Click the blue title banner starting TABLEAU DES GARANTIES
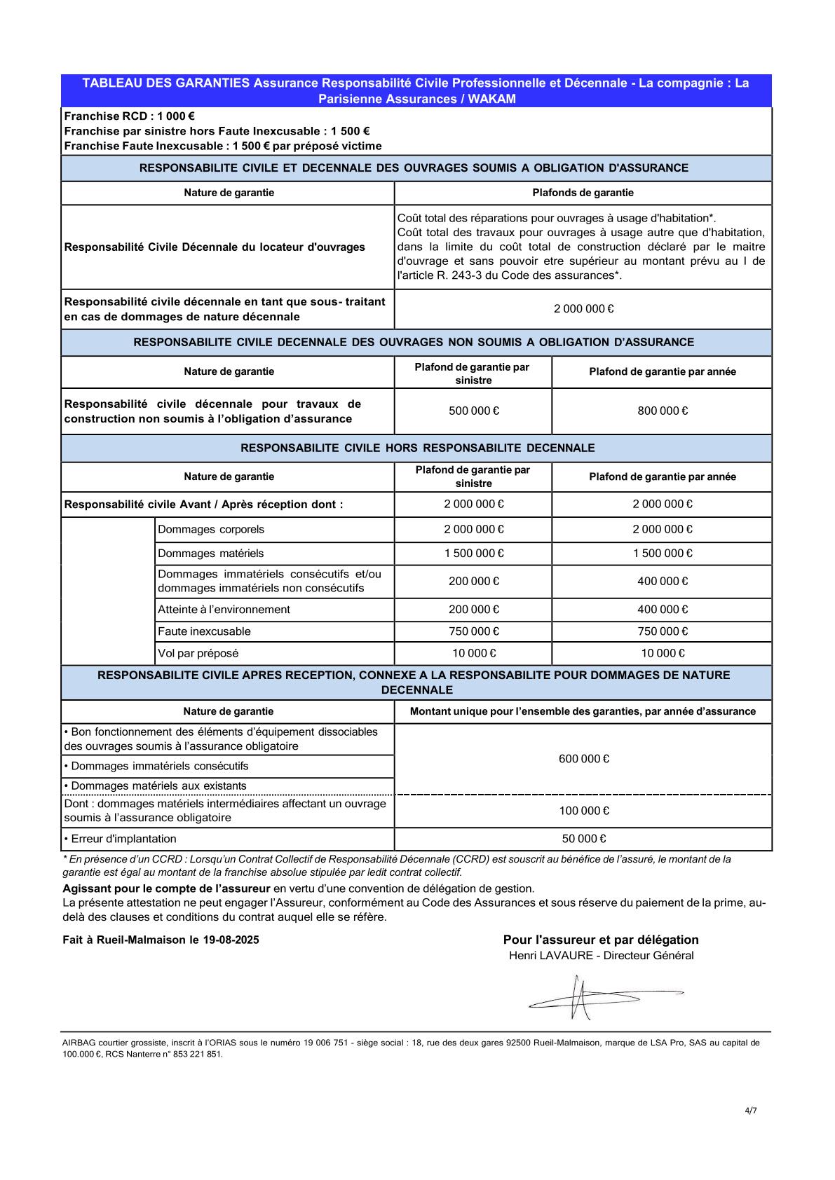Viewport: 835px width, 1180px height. coord(416,90)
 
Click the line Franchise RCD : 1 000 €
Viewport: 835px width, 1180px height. coord(129,116)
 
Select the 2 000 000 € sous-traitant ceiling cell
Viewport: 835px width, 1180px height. coord(583,309)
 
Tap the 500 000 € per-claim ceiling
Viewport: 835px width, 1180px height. coord(473,411)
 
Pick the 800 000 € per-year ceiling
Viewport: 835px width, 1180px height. coord(662,411)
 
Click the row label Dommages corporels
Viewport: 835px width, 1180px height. coord(211,530)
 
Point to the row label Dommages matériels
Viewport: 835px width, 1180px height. coord(211,554)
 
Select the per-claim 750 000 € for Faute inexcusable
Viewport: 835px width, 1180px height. coord(473,631)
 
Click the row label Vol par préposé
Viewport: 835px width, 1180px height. coord(198,653)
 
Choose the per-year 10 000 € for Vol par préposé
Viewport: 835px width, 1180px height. coord(662,653)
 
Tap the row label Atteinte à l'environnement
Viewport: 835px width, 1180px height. coord(224,610)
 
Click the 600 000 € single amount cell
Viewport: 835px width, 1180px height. coord(583,759)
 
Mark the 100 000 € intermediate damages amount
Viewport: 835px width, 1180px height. coord(583,811)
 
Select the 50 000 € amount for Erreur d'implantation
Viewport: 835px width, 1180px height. coord(583,839)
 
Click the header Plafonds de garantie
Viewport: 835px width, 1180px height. coord(583,193)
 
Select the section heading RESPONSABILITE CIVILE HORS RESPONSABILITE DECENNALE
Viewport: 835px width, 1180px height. coord(417,448)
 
